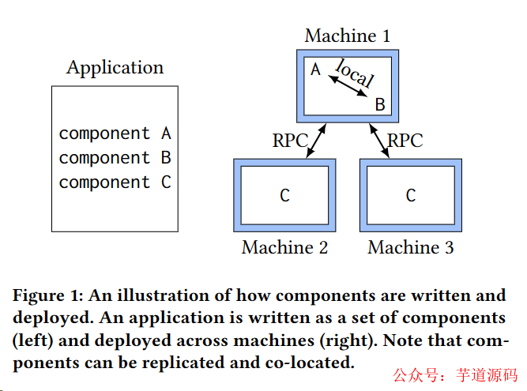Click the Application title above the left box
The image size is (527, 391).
(115, 68)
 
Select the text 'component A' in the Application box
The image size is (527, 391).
(115, 133)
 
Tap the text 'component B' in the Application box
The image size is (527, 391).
(115, 158)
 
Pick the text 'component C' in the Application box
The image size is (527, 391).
(115, 182)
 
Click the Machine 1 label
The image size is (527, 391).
(347, 36)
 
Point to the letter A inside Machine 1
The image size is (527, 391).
(315, 70)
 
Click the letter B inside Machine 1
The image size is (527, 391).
(379, 103)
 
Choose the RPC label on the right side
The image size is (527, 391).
(405, 141)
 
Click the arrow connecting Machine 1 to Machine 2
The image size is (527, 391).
(315, 139)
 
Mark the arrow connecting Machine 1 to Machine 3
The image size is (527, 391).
(378, 139)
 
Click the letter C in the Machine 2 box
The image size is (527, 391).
(284, 195)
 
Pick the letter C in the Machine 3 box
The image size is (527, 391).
(411, 195)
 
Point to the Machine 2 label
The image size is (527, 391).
(284, 247)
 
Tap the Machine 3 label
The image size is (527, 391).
(411, 247)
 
